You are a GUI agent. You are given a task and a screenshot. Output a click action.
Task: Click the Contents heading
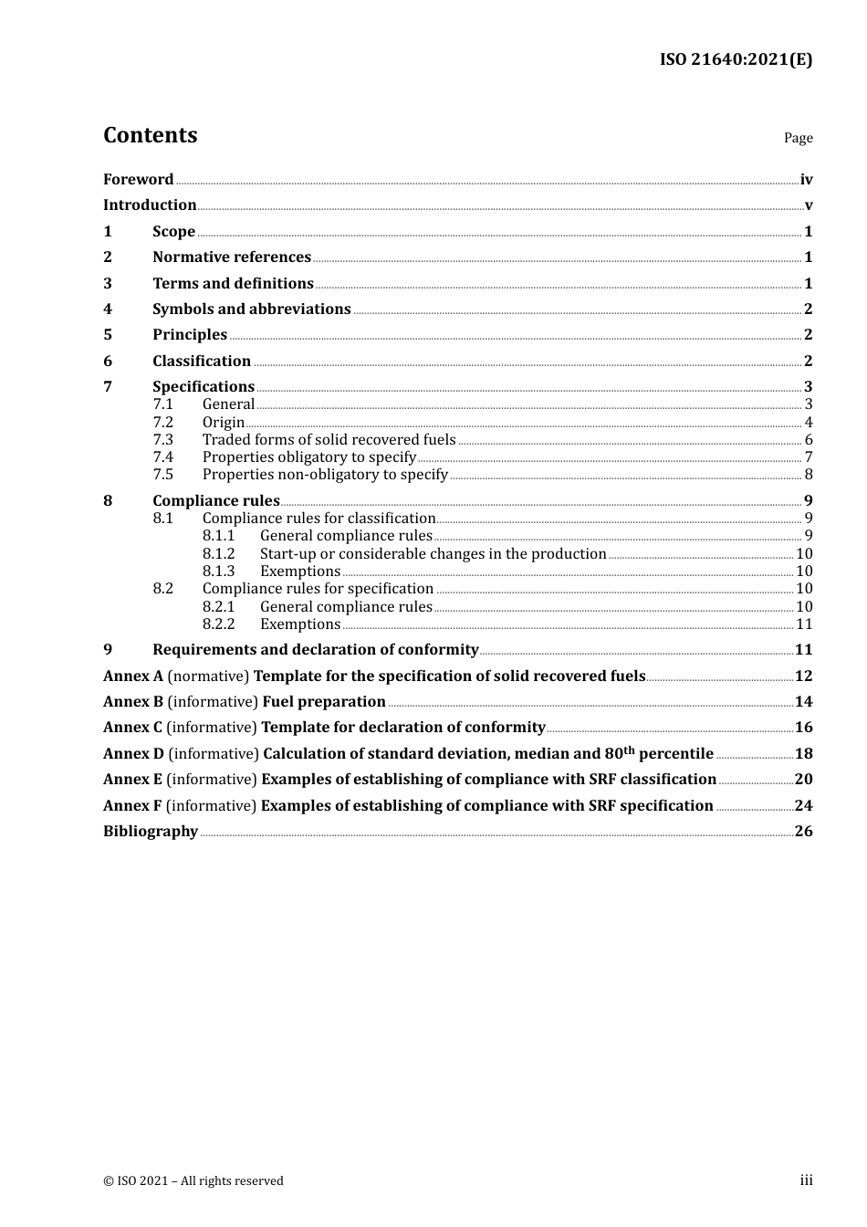point(150,135)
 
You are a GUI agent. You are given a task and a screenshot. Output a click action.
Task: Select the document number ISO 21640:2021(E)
point(736,59)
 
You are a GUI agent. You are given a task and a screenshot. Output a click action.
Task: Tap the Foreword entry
point(138,180)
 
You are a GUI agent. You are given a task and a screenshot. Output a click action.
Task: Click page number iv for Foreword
point(806,180)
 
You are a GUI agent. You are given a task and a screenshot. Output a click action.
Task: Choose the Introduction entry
point(150,205)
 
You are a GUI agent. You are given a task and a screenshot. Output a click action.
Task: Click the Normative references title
point(232,257)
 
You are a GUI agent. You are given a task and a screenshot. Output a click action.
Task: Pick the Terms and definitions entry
point(233,284)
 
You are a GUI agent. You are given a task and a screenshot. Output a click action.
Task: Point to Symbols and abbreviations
point(251,309)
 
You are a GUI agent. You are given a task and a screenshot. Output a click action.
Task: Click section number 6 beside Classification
point(108,362)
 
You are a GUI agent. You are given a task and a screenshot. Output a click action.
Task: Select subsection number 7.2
point(162,423)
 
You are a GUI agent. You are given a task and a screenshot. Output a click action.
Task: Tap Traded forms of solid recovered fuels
point(329,440)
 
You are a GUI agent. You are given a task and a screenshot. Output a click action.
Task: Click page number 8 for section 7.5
point(808,475)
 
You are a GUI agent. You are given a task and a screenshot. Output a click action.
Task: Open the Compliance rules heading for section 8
point(216,501)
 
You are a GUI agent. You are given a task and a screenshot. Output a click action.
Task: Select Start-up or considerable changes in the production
point(433,554)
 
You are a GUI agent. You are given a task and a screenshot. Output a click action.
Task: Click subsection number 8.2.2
point(218,624)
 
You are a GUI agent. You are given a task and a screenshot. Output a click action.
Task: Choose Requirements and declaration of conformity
point(315,650)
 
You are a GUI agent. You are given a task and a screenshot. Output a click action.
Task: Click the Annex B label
point(133,702)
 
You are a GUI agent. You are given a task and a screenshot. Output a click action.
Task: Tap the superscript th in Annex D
point(629,750)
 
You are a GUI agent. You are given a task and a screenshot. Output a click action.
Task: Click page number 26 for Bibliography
point(803,832)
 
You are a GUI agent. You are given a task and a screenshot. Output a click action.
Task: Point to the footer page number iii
point(806,1180)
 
